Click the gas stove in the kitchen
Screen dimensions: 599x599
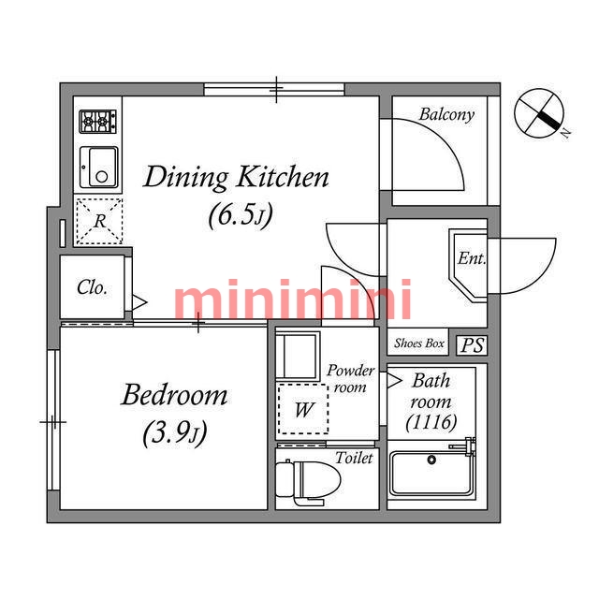tap(97, 122)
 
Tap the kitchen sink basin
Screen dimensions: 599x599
tap(99, 168)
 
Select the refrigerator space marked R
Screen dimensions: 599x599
tap(99, 221)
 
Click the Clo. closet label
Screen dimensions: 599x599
tap(92, 287)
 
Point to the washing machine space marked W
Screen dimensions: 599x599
tap(303, 409)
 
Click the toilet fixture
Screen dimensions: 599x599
tap(308, 482)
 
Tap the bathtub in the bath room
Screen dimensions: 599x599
tap(431, 474)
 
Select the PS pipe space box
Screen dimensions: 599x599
tap(472, 345)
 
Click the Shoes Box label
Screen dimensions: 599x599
tap(418, 343)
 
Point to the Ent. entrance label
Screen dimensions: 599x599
tap(472, 258)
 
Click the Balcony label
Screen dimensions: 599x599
tap(446, 114)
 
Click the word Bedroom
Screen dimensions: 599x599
tap(174, 395)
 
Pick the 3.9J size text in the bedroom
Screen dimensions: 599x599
tap(175, 433)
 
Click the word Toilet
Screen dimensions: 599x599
tap(354, 458)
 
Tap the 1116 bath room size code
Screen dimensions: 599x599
tap(431, 422)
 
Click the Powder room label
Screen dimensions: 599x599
tap(350, 378)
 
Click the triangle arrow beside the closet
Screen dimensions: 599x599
tap(139, 302)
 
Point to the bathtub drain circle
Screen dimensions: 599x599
tap(431, 460)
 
